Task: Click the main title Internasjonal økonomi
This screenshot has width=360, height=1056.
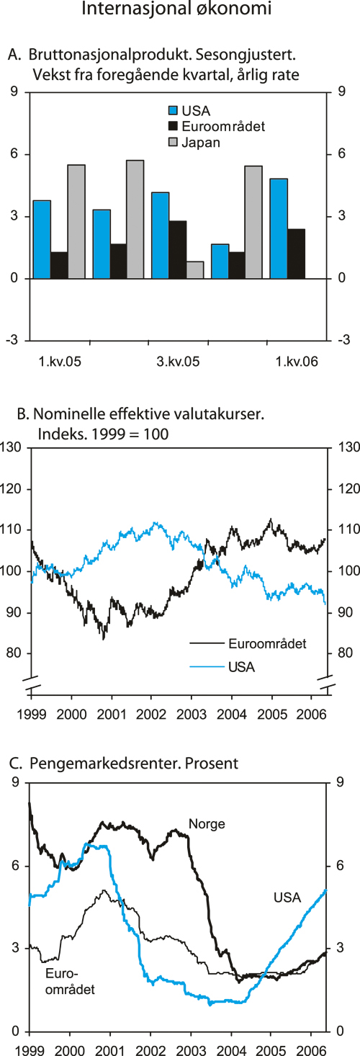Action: (x=180, y=11)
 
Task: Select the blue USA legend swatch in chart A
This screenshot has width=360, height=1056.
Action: (x=173, y=110)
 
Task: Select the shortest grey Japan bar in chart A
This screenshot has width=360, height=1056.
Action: (x=195, y=269)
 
